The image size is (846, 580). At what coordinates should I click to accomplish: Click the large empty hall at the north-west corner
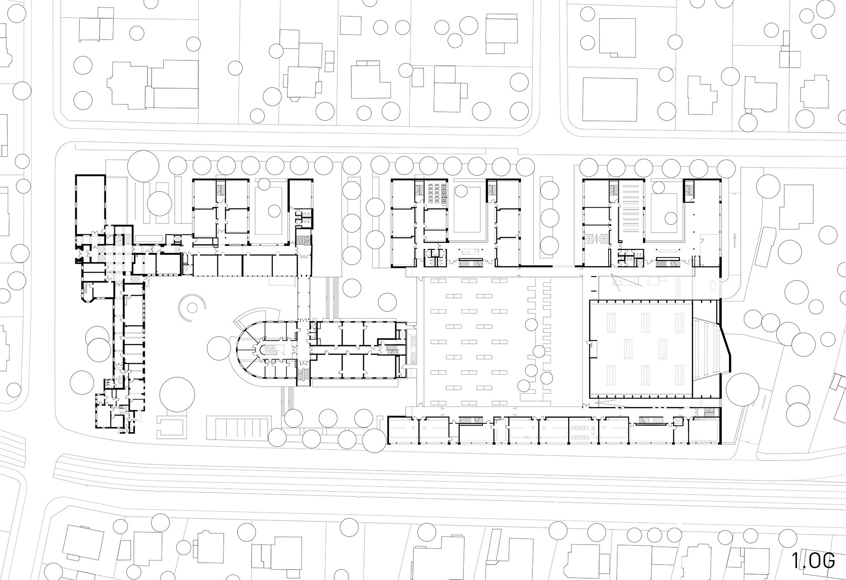click(x=90, y=205)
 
